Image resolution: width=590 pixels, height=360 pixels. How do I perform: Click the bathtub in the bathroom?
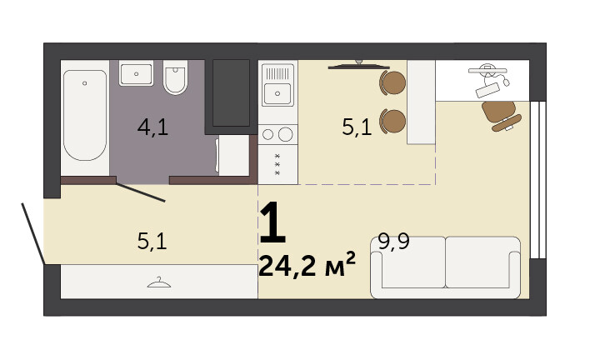pyautogui.click(x=85, y=116)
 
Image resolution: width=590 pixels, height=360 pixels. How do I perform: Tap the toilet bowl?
pyautogui.click(x=175, y=77)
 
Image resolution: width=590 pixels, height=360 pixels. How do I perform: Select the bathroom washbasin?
pyautogui.click(x=136, y=73)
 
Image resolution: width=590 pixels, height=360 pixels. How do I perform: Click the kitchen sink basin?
pyautogui.click(x=277, y=93)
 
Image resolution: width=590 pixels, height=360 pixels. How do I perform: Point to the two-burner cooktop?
pyautogui.click(x=277, y=134)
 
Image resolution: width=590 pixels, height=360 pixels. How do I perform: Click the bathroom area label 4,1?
pyautogui.click(x=152, y=127)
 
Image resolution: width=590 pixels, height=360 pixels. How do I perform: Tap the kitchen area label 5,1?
pyautogui.click(x=357, y=127)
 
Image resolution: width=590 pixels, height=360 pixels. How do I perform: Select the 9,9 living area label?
pyautogui.click(x=393, y=242)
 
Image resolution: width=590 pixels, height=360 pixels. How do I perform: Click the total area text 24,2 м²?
pyautogui.click(x=307, y=264)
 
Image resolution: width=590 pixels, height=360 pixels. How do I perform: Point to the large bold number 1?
pyautogui.click(x=272, y=222)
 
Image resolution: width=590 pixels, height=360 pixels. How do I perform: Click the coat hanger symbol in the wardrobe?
pyautogui.click(x=159, y=282)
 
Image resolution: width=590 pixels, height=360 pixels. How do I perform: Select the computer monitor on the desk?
pyautogui.click(x=487, y=70)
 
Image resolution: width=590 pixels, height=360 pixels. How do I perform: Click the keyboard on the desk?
pyautogui.click(x=488, y=90)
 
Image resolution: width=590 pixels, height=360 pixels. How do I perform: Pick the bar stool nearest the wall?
pyautogui.click(x=392, y=82)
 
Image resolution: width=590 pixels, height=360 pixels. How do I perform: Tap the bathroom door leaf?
pyautogui.click(x=141, y=192)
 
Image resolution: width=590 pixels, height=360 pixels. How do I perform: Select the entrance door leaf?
pyautogui.click(x=33, y=233)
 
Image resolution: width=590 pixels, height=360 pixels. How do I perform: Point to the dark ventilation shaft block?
pyautogui.click(x=231, y=92)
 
